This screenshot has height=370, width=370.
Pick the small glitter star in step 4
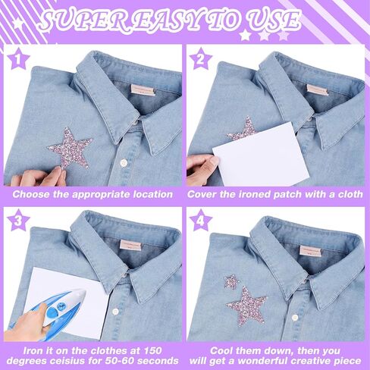[231, 282]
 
